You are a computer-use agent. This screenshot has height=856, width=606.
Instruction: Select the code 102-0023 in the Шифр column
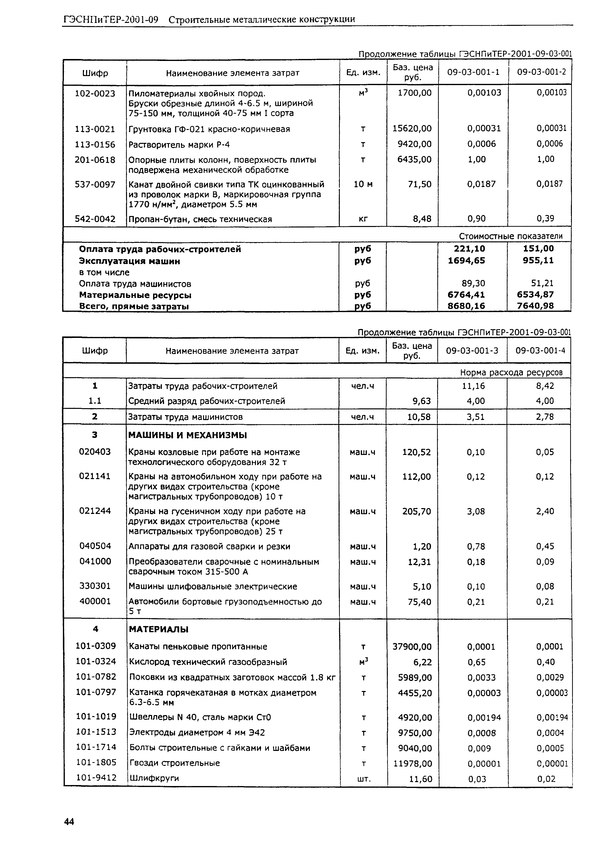pos(95,94)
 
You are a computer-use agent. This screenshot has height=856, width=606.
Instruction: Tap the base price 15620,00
pos(412,129)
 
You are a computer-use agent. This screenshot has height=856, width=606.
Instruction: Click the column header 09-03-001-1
pos(473,72)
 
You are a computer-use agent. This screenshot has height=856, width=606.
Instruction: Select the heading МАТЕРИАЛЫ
pos(159,630)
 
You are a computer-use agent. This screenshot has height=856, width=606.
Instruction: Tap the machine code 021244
pos(95,511)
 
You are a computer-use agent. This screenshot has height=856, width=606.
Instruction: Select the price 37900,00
pos(412,647)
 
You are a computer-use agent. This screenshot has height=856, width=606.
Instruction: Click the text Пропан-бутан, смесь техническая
pos(200,219)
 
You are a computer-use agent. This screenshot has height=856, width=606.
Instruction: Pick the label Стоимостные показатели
pos(510,236)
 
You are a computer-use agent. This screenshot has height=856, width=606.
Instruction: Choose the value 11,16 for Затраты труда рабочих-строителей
pos(476,386)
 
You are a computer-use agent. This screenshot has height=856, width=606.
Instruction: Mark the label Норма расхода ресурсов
pos(511,372)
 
